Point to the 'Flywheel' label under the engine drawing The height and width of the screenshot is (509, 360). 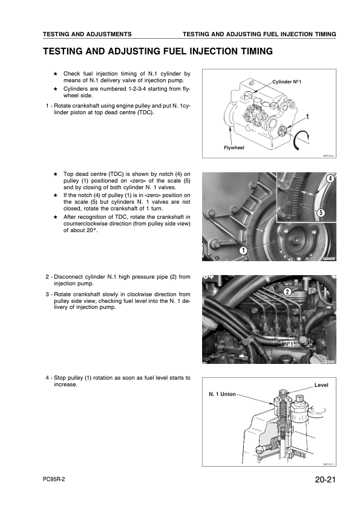pyautogui.click(x=233, y=147)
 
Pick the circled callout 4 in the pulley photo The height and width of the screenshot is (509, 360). pyautogui.click(x=330, y=178)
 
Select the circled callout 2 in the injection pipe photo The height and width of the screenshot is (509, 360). pyautogui.click(x=287, y=293)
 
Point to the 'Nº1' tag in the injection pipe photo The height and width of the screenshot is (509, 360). pyautogui.click(x=288, y=343)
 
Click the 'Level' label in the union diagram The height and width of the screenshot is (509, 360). pyautogui.click(x=322, y=384)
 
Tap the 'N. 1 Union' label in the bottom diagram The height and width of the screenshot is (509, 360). pyautogui.click(x=222, y=394)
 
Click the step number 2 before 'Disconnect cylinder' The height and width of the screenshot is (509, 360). pyautogui.click(x=48, y=277)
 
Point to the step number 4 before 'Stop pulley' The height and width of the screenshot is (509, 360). pyautogui.click(x=48, y=377)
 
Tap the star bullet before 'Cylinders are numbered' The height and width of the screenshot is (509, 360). pyautogui.click(x=55, y=88)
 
